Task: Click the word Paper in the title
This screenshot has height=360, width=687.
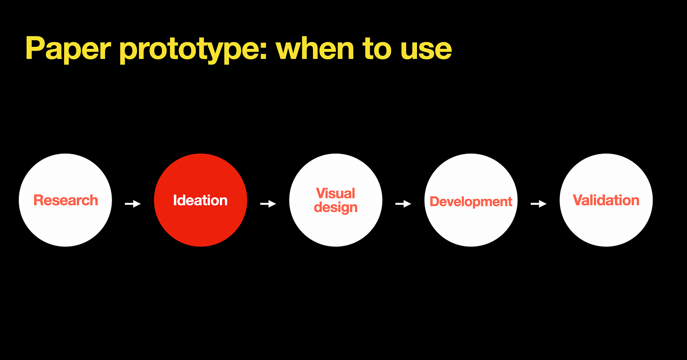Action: [x=68, y=49]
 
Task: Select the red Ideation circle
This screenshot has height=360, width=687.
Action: [x=201, y=200]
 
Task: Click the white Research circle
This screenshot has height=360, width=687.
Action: [x=65, y=200]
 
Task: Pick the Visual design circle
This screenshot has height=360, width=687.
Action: [x=336, y=200]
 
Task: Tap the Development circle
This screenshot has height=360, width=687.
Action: [x=471, y=200]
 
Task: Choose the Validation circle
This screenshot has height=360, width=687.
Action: [x=606, y=200]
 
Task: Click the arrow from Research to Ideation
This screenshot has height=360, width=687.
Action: [x=133, y=203]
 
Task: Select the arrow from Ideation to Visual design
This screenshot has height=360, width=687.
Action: [x=268, y=203]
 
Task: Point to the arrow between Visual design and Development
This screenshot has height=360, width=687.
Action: [x=403, y=203]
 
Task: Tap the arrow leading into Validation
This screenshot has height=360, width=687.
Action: [x=538, y=203]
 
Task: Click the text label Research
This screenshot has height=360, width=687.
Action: [x=66, y=200]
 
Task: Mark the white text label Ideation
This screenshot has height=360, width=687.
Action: [x=201, y=200]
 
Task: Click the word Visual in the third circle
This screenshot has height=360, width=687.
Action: [x=335, y=194]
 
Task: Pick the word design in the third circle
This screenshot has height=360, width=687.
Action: [x=335, y=207]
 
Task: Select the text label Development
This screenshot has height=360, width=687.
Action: [x=471, y=202]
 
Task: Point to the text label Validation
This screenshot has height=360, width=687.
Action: [x=606, y=200]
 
